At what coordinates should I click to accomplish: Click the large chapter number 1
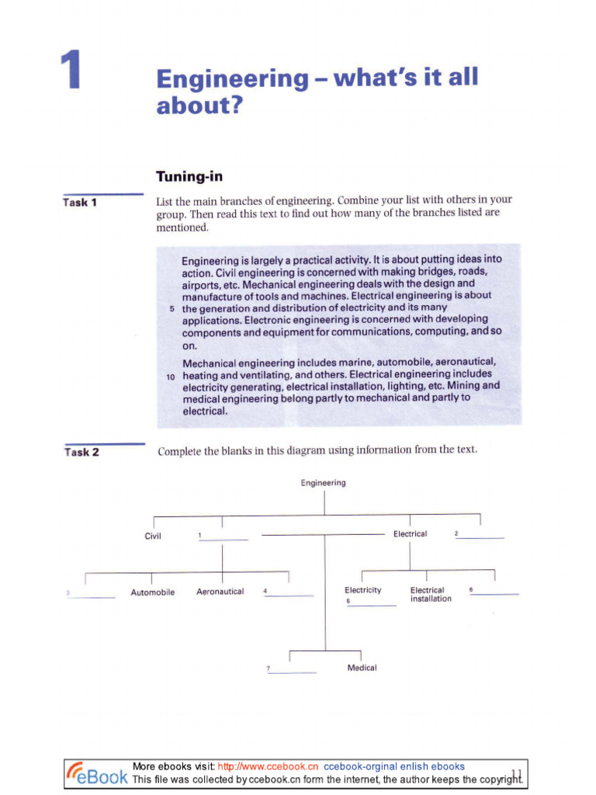(x=71, y=71)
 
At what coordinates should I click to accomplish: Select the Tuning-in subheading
(x=189, y=177)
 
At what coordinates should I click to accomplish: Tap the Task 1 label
(x=80, y=203)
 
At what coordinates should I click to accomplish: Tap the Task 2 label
(x=81, y=452)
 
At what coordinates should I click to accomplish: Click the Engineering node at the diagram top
(x=324, y=483)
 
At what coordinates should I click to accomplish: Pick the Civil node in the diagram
(x=153, y=536)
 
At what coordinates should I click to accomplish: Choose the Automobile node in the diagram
(x=152, y=592)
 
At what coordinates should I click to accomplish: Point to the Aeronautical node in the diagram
(x=220, y=592)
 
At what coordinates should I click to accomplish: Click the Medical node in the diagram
(x=362, y=668)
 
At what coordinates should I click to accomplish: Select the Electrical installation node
(x=430, y=595)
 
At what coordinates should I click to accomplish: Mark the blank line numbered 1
(x=226, y=539)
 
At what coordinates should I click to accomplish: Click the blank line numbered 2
(x=482, y=537)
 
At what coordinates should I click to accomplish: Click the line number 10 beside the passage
(x=172, y=375)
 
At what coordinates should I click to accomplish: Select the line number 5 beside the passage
(x=172, y=308)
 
